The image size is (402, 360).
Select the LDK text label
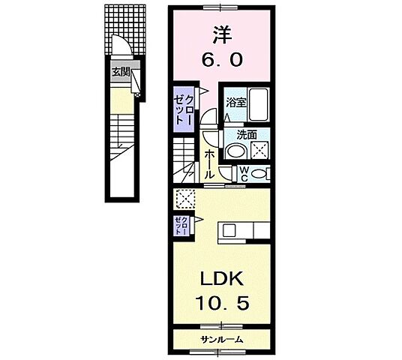point(221,280)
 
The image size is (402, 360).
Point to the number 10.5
point(221,304)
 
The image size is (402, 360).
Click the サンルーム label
point(221,340)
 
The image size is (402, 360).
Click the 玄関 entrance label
point(121,72)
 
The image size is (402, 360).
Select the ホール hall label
point(208,162)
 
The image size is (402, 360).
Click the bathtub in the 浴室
point(258,106)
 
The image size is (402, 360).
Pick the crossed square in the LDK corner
point(184,198)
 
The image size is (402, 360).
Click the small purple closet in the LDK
point(181,225)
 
